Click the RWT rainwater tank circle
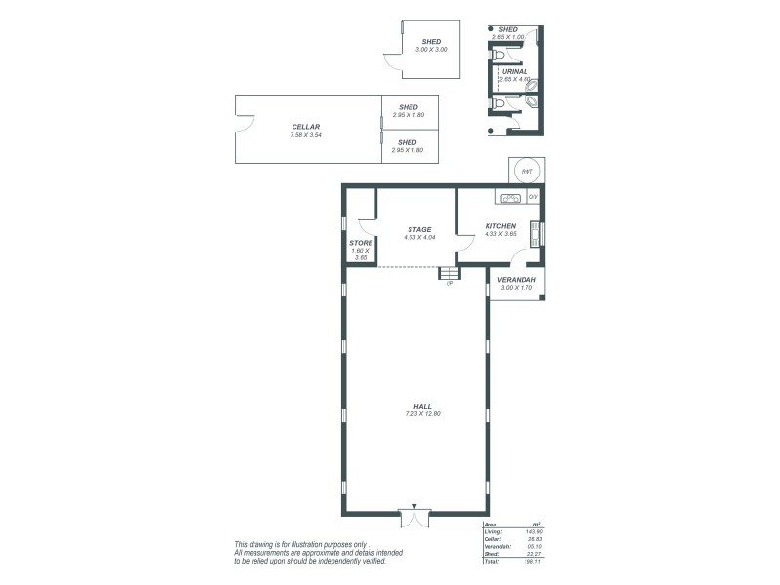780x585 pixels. coord(526,171)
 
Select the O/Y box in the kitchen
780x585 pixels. coord(533,198)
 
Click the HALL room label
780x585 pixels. coord(422,406)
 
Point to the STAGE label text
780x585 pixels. coord(419,230)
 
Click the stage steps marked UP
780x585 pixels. coord(448,274)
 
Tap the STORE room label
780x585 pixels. coord(361,243)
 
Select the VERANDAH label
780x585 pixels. coord(517,279)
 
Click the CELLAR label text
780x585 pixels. coord(305,127)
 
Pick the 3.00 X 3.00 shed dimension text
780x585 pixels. coord(430,49)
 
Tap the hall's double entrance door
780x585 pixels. coord(414,518)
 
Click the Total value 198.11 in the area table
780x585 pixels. coord(534,563)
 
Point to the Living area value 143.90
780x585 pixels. coord(534,531)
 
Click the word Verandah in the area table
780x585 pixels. coord(497,547)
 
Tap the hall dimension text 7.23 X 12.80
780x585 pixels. coord(422,414)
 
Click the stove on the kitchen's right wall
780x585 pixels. coord(534,232)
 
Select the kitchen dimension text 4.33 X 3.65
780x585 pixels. coord(500,234)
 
